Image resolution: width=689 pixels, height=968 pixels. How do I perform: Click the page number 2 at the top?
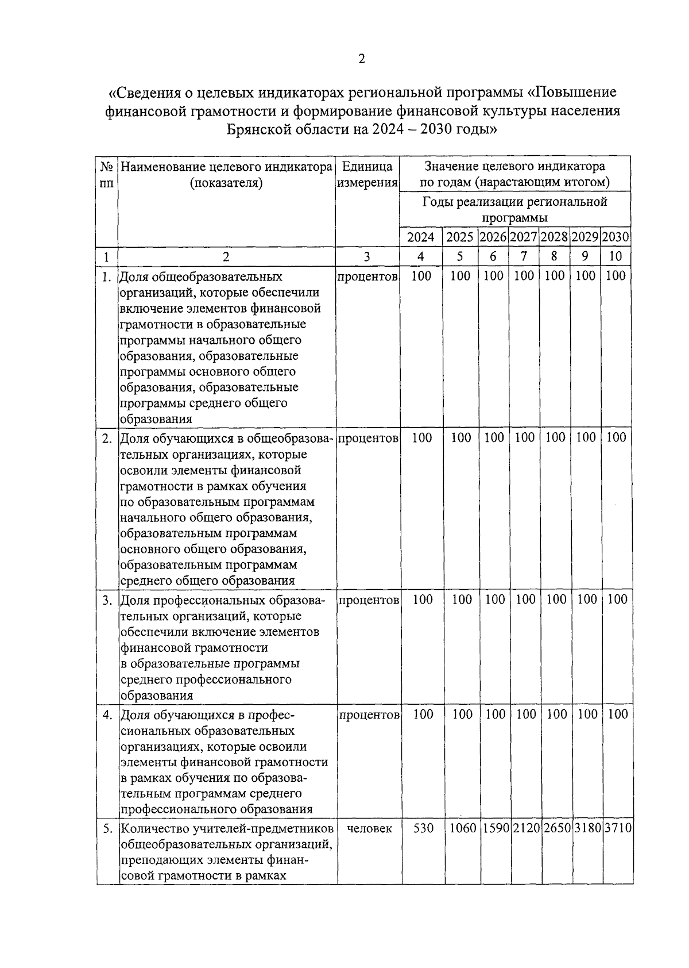tap(361, 59)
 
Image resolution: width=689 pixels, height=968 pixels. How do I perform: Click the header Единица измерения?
tap(367, 175)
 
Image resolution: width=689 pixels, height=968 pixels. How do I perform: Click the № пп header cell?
tap(107, 175)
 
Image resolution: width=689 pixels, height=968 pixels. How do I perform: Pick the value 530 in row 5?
tap(423, 829)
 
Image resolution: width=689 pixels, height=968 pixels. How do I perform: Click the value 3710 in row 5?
tap(618, 829)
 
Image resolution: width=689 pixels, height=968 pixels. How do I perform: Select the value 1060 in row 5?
tap(462, 829)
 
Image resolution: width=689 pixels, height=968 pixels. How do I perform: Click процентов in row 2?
tap(368, 439)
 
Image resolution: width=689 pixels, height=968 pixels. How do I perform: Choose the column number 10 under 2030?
tap(615, 257)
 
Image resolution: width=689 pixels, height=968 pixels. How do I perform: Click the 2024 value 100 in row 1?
tap(421, 276)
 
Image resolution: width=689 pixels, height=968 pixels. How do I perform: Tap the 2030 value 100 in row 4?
tap(618, 715)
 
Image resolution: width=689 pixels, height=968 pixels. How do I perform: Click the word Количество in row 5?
tap(150, 829)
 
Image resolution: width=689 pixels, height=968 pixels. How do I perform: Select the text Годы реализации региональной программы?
tap(514, 210)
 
